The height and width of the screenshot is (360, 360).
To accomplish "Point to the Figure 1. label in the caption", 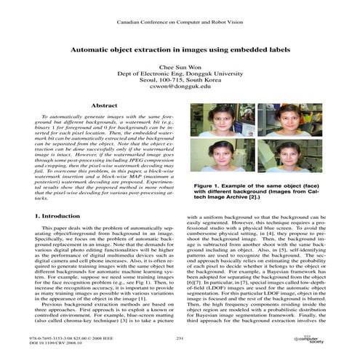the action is [x=209, y=187].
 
